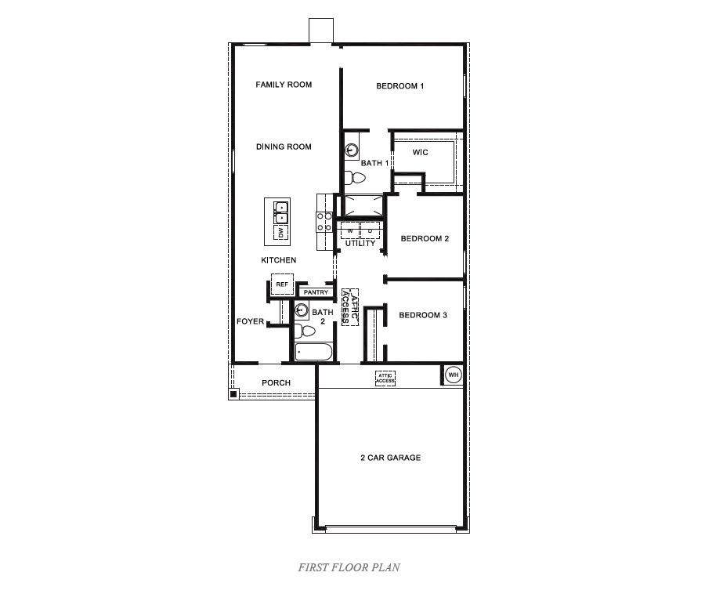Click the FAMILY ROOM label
(284, 85)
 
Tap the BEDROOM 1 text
(399, 86)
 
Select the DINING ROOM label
(284, 147)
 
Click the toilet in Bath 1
(356, 179)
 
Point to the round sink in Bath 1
(352, 149)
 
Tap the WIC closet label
(420, 152)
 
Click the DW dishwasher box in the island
(280, 233)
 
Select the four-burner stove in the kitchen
(324, 223)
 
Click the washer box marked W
(349, 230)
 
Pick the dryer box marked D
(370, 230)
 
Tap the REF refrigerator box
(282, 284)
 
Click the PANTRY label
(316, 292)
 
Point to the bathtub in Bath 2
(313, 351)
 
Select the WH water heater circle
(453, 375)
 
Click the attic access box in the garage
(385, 378)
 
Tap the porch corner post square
(233, 394)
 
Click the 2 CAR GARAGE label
(390, 458)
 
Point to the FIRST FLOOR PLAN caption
(349, 567)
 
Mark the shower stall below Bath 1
(363, 205)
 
